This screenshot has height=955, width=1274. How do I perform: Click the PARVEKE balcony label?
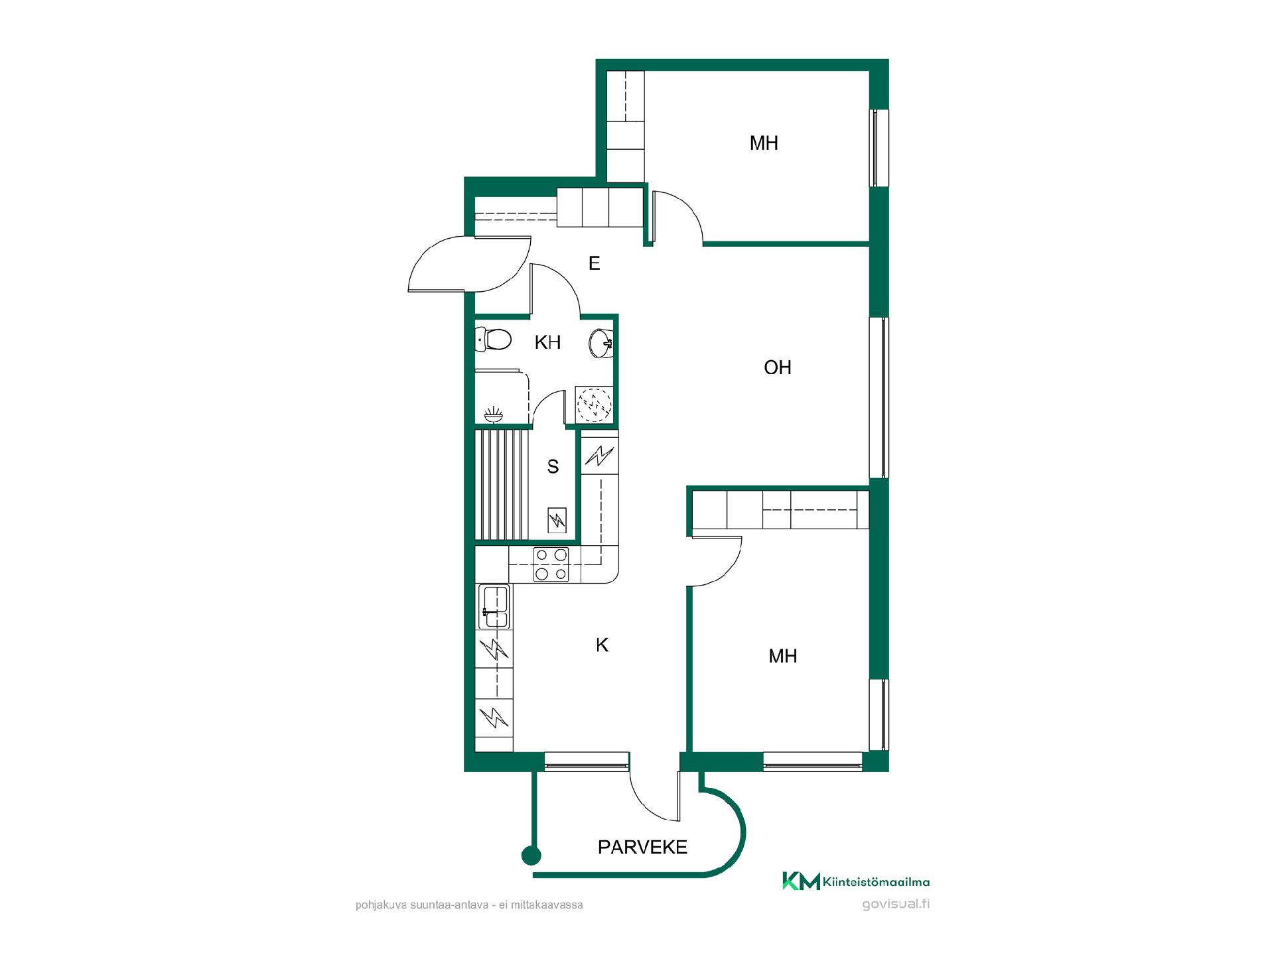(x=642, y=847)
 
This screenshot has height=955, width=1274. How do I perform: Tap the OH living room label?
(x=778, y=367)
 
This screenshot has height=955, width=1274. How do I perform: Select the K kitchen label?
(x=602, y=645)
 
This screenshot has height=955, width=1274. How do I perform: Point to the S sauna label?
(x=553, y=467)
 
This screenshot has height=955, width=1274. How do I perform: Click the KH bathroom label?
(x=548, y=342)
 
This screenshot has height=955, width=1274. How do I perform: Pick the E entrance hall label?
(x=595, y=263)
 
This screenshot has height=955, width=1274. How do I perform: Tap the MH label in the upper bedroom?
(x=764, y=143)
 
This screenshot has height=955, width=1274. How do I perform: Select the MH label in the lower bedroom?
(x=783, y=656)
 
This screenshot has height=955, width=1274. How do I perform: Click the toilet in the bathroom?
(x=493, y=340)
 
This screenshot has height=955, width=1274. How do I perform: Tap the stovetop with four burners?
(x=551, y=564)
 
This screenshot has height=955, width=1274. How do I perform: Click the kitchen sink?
(x=494, y=606)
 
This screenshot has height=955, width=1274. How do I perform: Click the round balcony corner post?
(x=531, y=856)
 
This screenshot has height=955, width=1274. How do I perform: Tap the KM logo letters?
(x=802, y=881)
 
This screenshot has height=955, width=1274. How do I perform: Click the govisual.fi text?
(x=896, y=904)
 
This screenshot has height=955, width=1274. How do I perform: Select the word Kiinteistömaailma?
(x=877, y=881)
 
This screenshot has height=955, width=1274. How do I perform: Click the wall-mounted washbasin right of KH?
(x=601, y=343)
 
